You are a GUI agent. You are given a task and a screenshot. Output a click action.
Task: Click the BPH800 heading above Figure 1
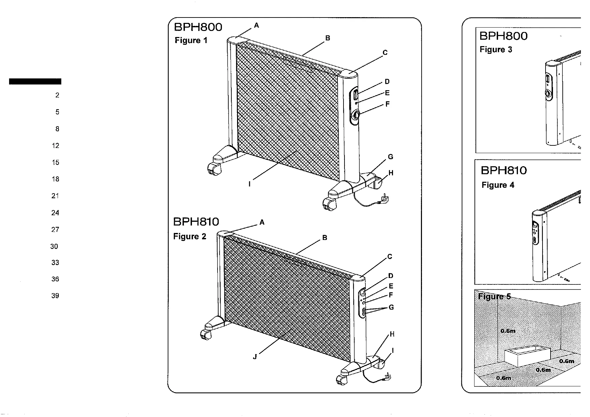(198, 27)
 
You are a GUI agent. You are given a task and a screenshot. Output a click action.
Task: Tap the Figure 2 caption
(190, 237)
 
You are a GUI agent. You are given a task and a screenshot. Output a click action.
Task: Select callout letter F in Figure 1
(387, 104)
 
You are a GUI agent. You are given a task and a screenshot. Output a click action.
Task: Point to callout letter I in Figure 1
(249, 184)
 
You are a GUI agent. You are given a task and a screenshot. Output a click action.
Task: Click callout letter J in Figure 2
(255, 357)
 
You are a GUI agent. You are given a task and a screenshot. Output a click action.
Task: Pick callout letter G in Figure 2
(391, 307)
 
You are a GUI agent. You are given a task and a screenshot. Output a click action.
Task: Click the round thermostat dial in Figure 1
(356, 115)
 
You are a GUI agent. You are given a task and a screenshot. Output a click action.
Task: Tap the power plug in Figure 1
(384, 199)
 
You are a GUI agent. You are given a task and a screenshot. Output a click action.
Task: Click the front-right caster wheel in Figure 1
(329, 204)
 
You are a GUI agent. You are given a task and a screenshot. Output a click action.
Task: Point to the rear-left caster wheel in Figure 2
(205, 335)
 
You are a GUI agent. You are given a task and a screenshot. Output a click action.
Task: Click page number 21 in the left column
(55, 196)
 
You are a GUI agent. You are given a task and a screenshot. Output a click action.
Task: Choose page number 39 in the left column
(55, 296)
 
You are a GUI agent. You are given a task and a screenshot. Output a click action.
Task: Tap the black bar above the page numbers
(35, 81)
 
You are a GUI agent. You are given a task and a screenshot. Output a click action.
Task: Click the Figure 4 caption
(498, 185)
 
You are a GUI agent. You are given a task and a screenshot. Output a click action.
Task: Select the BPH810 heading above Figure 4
(504, 170)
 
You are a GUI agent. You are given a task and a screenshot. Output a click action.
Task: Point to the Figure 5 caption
(494, 297)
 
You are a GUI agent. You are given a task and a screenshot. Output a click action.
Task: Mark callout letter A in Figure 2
(262, 222)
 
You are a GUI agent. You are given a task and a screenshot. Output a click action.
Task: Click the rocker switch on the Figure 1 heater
(355, 94)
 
